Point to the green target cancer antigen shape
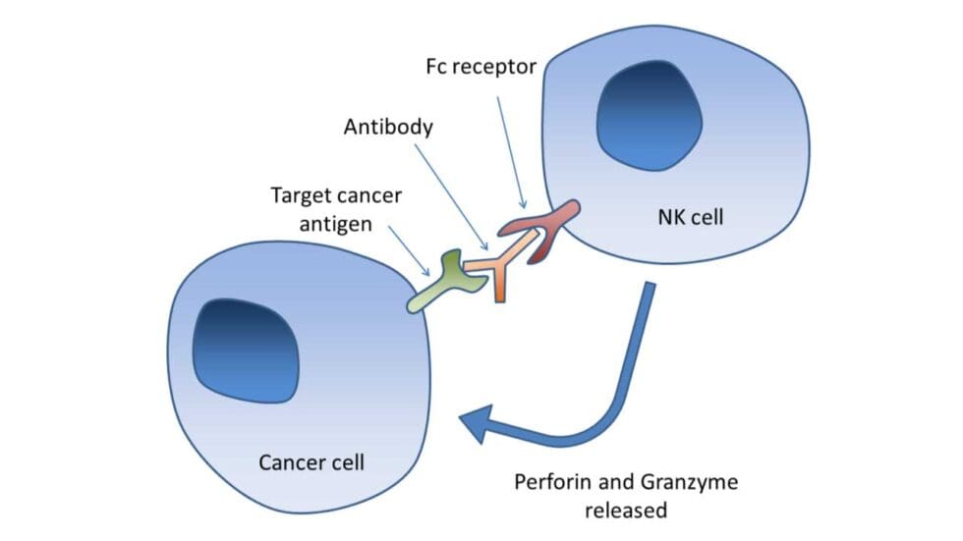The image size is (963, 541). pyautogui.click(x=447, y=281)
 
